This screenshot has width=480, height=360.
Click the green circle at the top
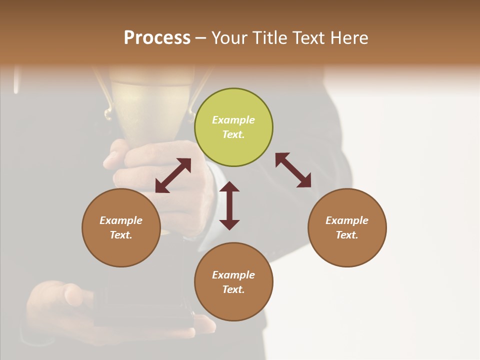[233, 127]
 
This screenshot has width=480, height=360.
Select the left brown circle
[121, 227]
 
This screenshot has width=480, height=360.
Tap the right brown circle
[347, 227]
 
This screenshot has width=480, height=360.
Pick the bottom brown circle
[233, 282]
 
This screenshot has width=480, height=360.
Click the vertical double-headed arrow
[229, 205]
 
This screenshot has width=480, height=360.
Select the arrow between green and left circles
[173, 175]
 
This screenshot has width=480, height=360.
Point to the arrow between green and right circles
[293, 170]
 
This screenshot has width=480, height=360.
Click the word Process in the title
[157, 37]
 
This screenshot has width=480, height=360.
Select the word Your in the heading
[229, 37]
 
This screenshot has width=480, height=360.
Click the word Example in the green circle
[233, 120]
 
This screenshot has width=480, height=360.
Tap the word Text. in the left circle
[121, 235]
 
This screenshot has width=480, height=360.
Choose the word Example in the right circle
[347, 220]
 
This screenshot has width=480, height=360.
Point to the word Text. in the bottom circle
[233, 289]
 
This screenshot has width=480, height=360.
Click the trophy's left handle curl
[107, 114]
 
